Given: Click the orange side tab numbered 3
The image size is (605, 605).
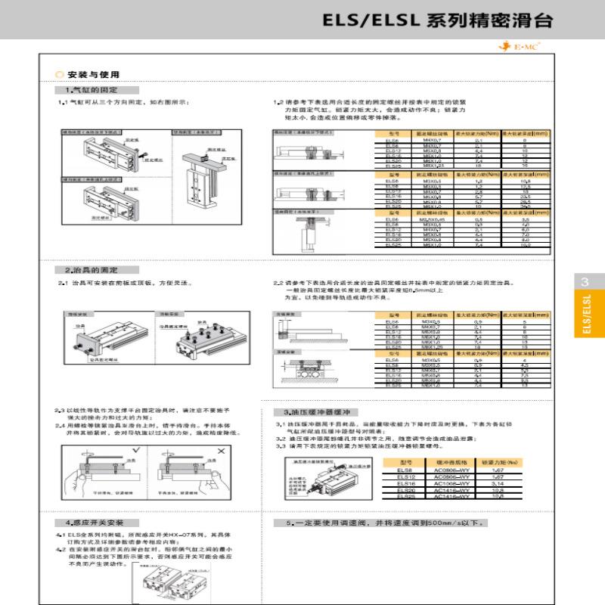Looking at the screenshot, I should tap(585, 282).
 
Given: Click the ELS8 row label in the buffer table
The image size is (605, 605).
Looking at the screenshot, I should tap(394, 470).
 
